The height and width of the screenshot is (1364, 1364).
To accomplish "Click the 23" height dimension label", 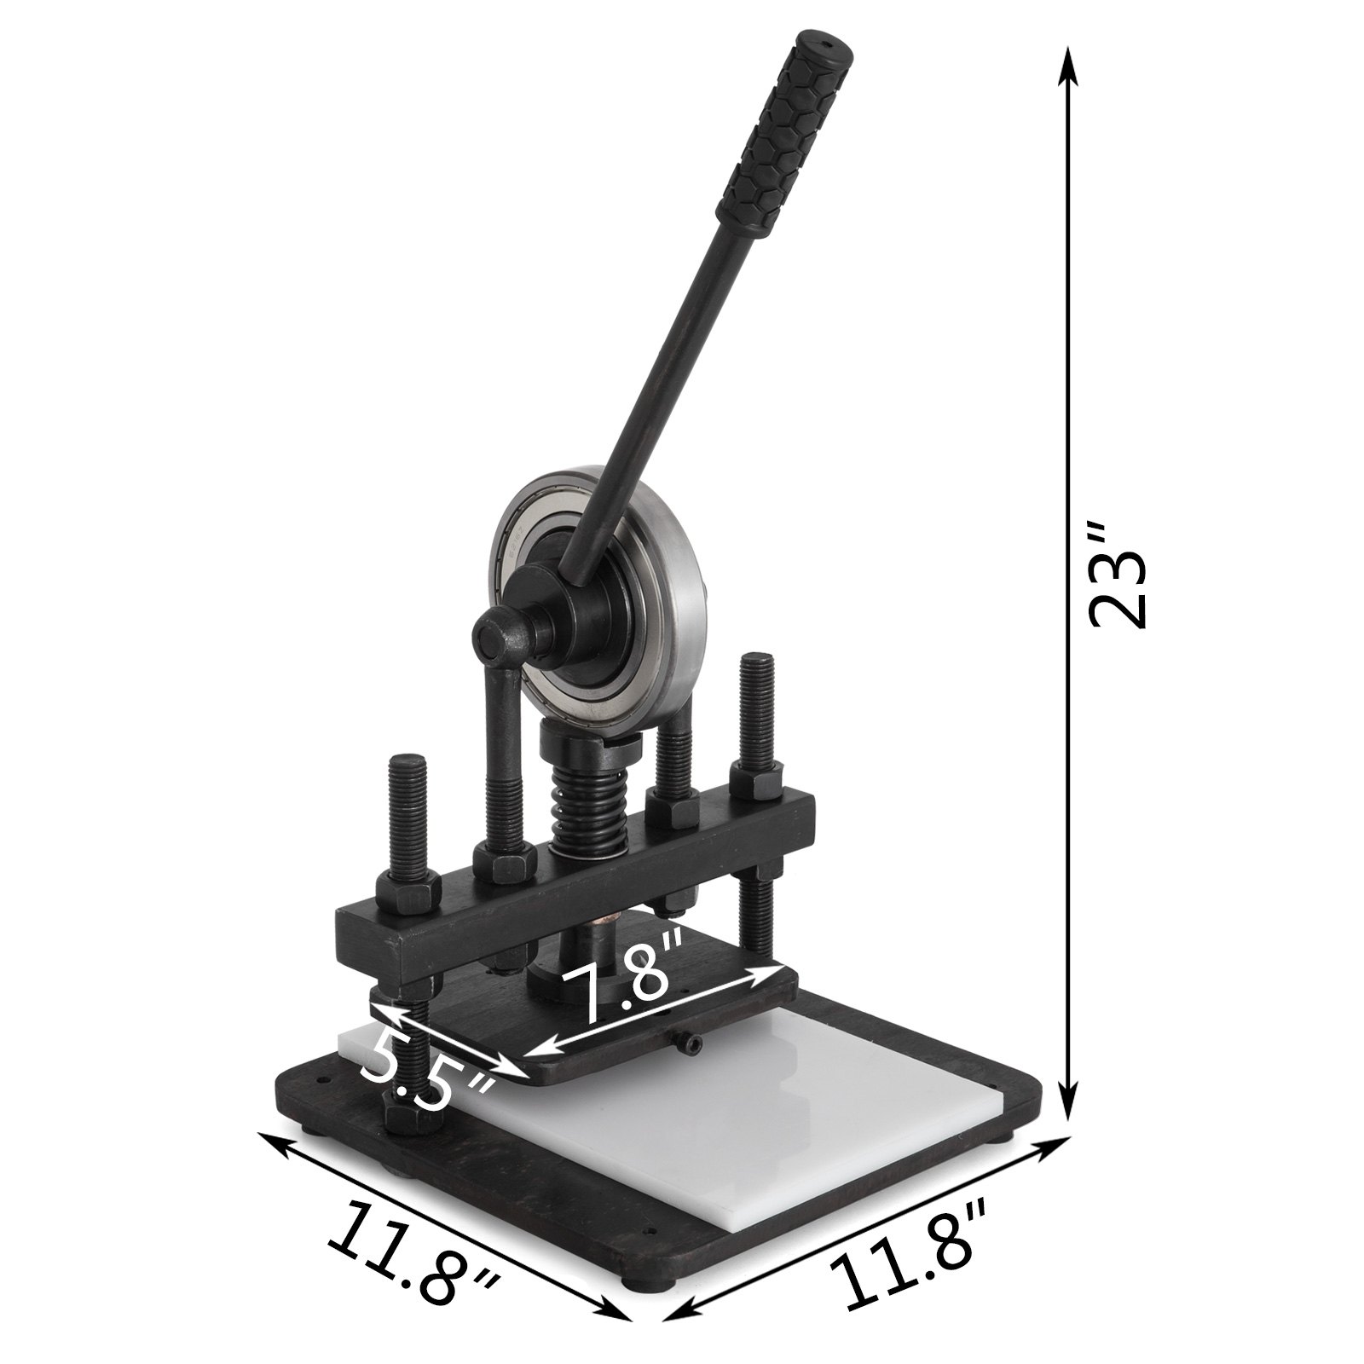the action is pos(1119,576).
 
